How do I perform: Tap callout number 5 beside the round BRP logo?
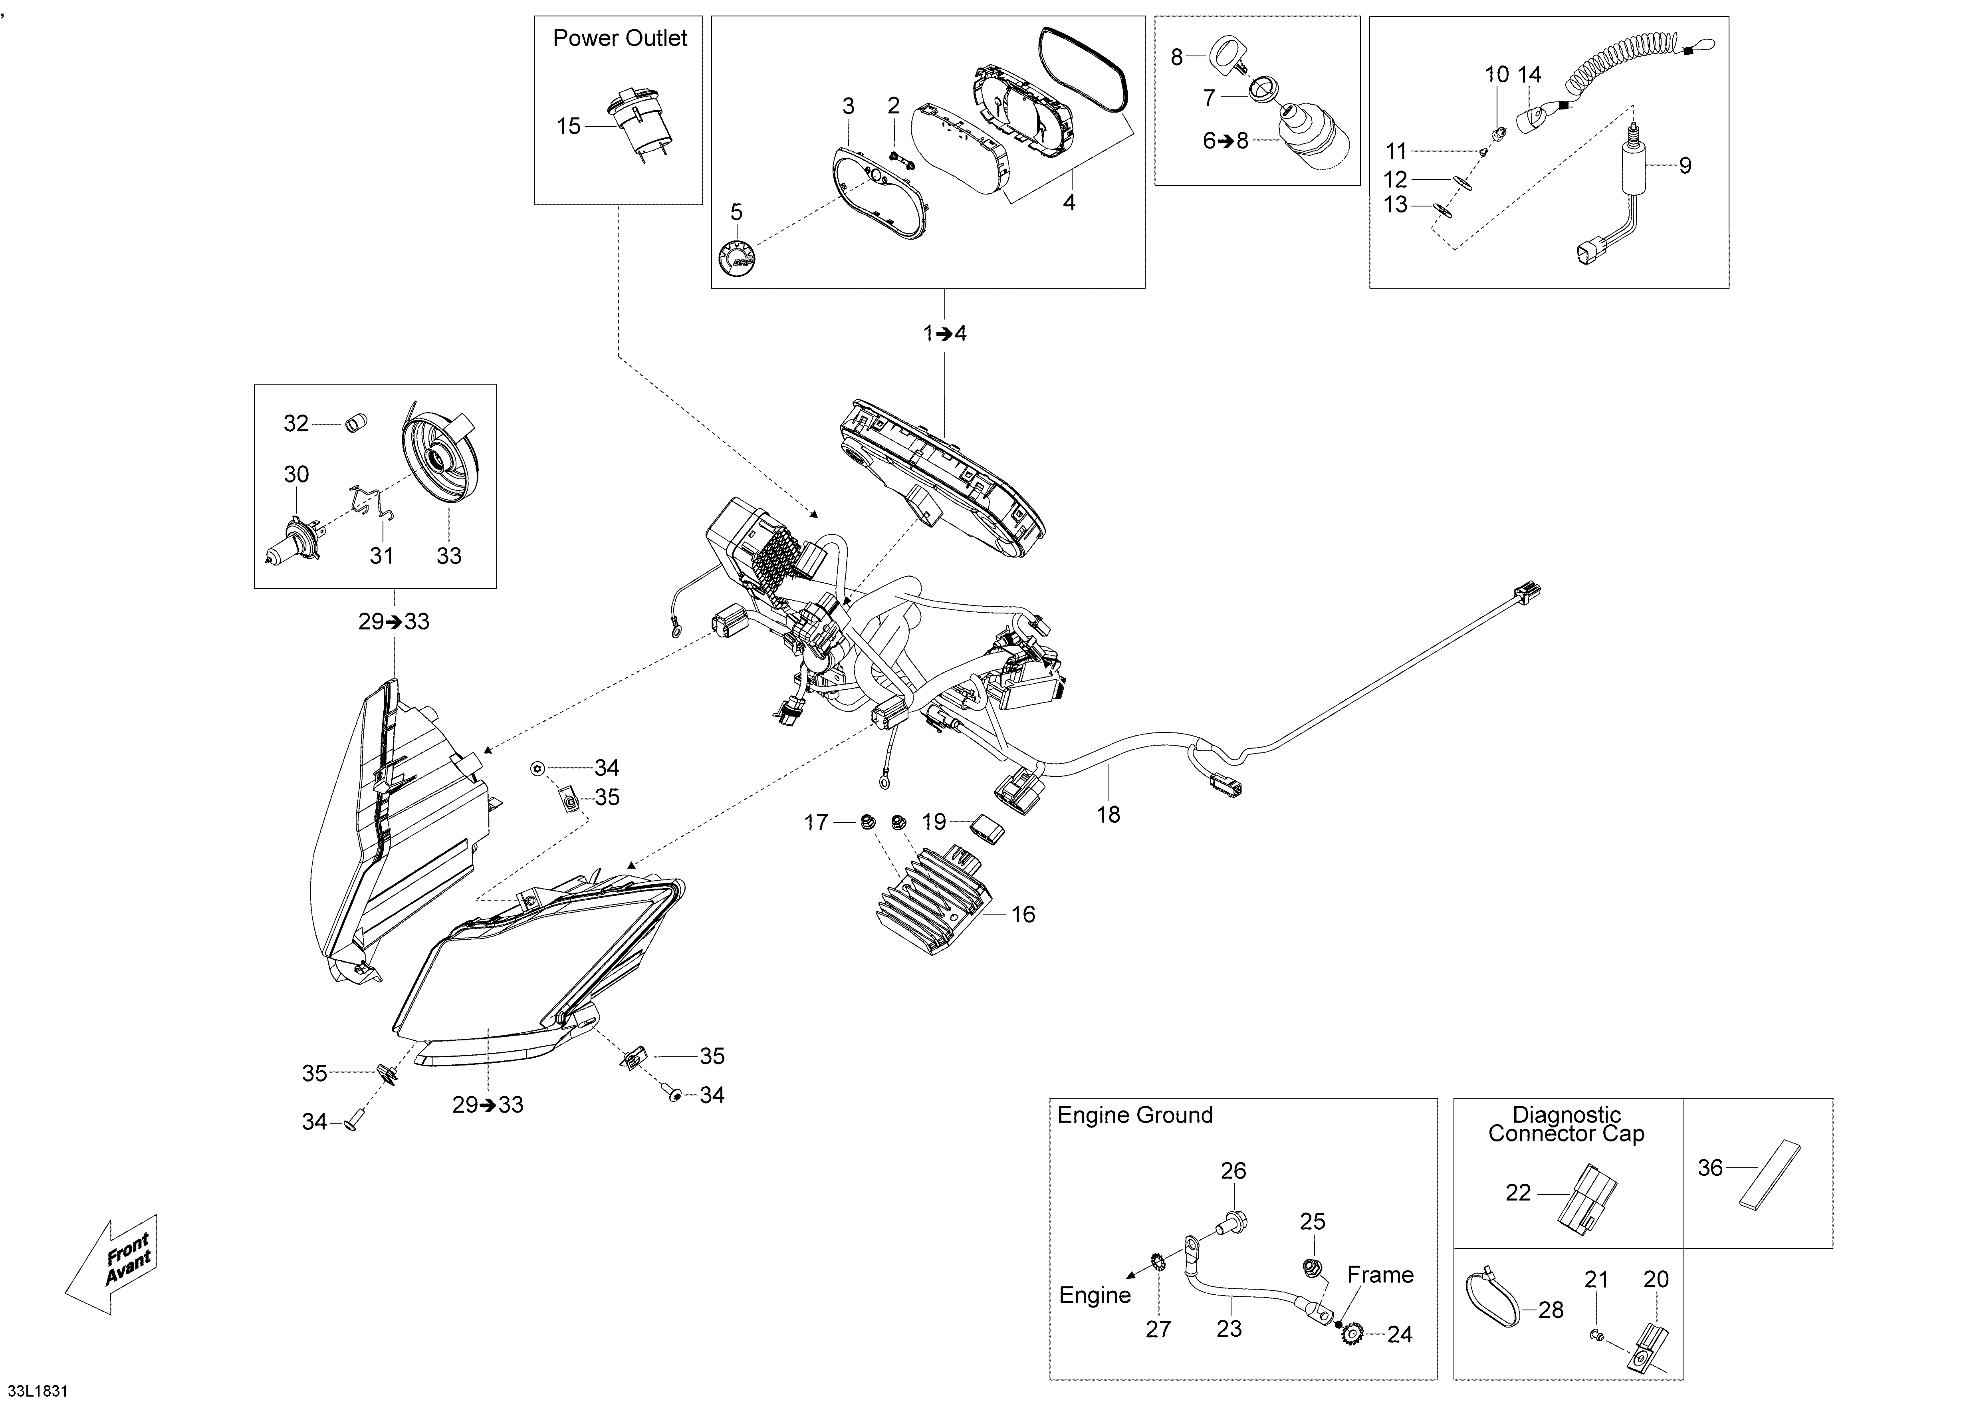(736, 212)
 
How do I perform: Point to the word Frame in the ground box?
(1380, 1275)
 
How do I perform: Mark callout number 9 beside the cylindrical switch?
(1685, 166)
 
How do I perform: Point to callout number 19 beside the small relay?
(934, 822)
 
